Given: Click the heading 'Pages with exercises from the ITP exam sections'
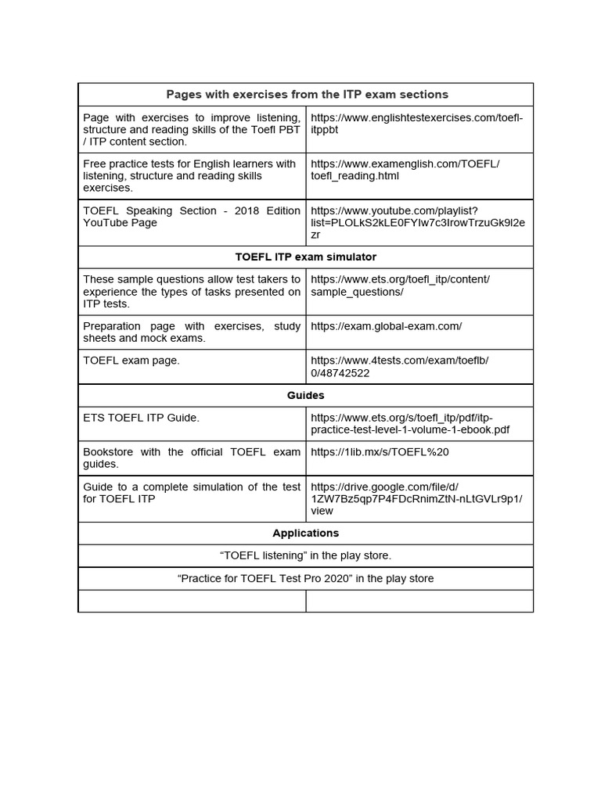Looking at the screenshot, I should point(306,95).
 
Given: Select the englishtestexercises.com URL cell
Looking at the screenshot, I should point(416,124).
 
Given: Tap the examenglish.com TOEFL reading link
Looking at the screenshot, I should point(405,170).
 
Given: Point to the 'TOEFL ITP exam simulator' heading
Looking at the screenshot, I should point(306,257).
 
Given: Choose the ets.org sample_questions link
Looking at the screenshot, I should point(400,286).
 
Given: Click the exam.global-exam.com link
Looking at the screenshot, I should point(387,326).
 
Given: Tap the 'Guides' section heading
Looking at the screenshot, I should point(306,396).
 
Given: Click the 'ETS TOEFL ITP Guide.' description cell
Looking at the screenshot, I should point(142,418).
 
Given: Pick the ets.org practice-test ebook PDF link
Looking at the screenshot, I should point(410,424).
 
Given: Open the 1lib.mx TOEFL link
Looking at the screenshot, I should point(380,452).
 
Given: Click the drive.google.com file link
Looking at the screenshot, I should point(416,498).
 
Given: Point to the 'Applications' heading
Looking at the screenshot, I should point(306,533).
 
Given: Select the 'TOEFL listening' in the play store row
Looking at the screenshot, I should point(306,556).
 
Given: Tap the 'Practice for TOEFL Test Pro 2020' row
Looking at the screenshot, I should point(306,579).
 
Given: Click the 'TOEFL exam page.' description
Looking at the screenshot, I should point(131,361).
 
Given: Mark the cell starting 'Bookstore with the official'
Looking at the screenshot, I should point(192,458).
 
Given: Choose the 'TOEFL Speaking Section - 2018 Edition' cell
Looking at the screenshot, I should point(192,217).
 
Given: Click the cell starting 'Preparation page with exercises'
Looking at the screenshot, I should point(192,332).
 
